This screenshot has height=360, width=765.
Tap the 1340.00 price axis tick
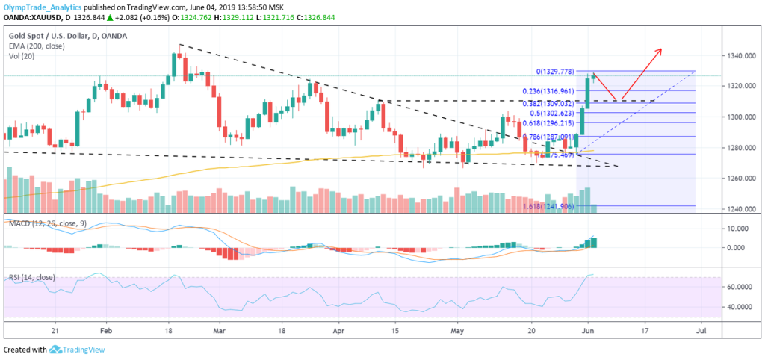740,56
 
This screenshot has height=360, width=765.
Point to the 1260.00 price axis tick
740,179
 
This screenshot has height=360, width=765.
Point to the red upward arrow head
660,50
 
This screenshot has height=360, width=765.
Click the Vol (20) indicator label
22,55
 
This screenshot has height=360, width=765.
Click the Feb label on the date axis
105,329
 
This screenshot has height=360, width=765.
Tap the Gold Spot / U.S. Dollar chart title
67,35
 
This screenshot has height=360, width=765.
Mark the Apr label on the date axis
340,329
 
